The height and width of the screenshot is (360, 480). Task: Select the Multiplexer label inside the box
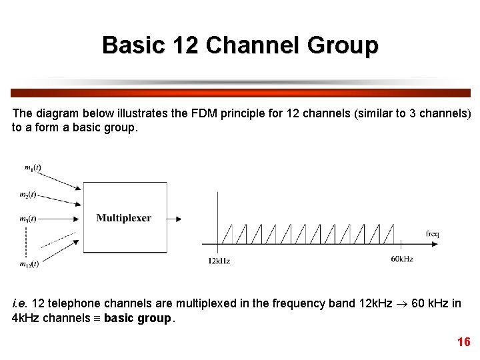click(x=124, y=217)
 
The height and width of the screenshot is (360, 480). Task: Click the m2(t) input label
click(x=29, y=195)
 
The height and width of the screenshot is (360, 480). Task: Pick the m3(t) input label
click(x=29, y=218)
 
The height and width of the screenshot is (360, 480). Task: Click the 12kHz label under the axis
click(x=219, y=261)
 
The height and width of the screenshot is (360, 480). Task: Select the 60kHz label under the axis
click(x=401, y=258)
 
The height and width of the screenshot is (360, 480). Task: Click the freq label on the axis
click(x=432, y=234)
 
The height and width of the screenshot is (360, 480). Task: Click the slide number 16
click(x=463, y=342)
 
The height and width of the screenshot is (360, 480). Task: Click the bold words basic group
click(x=137, y=318)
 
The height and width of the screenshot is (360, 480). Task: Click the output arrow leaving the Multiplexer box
click(x=175, y=218)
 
